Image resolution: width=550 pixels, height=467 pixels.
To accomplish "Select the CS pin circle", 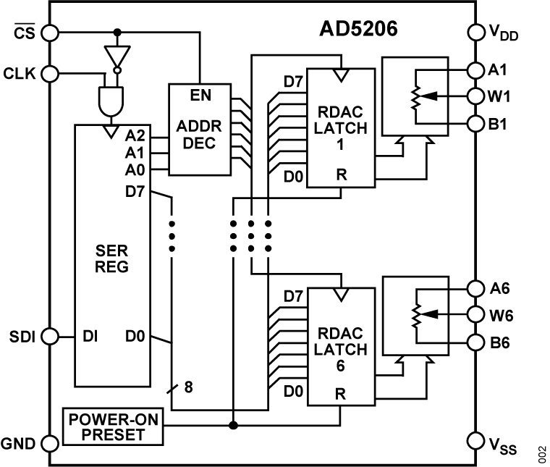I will (x=50, y=32).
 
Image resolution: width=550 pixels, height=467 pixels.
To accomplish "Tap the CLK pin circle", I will (x=50, y=73).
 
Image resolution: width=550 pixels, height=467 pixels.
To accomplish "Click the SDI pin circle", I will (x=50, y=336).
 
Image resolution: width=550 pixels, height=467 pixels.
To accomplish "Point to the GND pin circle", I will (x=50, y=443).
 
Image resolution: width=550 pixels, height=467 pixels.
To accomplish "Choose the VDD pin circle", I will (x=475, y=32).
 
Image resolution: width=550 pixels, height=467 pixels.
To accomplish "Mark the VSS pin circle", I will (x=475, y=440).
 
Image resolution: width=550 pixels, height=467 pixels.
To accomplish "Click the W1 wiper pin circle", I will (x=475, y=96).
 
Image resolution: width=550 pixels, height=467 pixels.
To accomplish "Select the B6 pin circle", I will (x=475, y=342).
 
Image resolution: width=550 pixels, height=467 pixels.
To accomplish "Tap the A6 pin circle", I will (x=475, y=288).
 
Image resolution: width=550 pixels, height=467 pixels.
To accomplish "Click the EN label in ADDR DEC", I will (x=200, y=96).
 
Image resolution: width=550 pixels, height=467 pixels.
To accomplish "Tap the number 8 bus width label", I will (x=188, y=387).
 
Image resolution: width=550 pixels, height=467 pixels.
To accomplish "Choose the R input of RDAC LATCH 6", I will (x=339, y=395).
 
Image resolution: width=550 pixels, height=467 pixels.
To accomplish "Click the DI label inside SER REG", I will (x=90, y=337).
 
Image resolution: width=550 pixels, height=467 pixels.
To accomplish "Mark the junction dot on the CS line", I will (x=116, y=32).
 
